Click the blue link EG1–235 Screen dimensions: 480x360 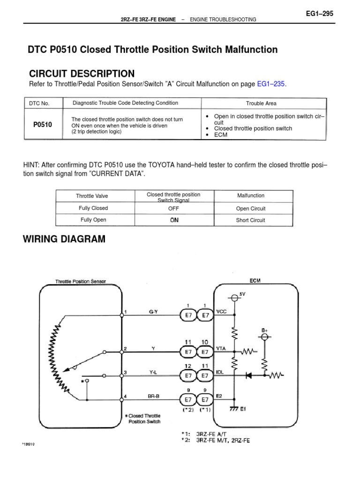click(x=270, y=84)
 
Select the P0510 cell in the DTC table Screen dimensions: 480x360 click(x=43, y=125)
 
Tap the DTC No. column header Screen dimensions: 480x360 click(x=39, y=103)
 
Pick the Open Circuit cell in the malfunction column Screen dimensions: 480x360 click(x=251, y=209)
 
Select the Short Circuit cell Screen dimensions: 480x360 click(x=251, y=220)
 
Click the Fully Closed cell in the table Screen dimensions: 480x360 click(x=93, y=208)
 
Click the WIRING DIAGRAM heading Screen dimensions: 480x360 click(x=64, y=240)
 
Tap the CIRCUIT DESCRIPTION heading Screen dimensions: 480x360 click(x=82, y=74)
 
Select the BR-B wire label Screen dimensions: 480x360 click(x=152, y=396)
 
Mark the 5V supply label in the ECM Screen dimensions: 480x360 click(x=242, y=293)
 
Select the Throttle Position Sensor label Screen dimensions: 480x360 click(x=81, y=281)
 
